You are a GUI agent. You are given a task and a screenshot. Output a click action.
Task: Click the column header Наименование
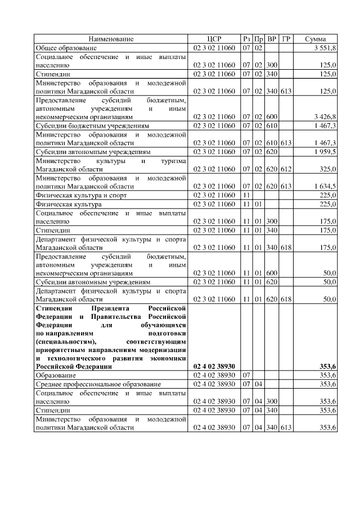tap(111, 39)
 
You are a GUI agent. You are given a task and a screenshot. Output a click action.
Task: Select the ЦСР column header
tap(214, 39)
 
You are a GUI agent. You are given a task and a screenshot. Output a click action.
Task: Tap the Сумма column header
tap(316, 39)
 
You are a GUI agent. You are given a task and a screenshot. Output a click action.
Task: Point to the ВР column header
tap(272, 39)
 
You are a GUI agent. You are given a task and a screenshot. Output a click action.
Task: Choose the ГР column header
tap(286, 39)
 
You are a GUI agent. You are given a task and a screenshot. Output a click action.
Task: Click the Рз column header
tap(246, 39)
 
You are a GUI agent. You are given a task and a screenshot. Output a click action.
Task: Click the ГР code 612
tap(286, 168)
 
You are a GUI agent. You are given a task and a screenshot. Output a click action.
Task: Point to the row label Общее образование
tap(63, 48)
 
